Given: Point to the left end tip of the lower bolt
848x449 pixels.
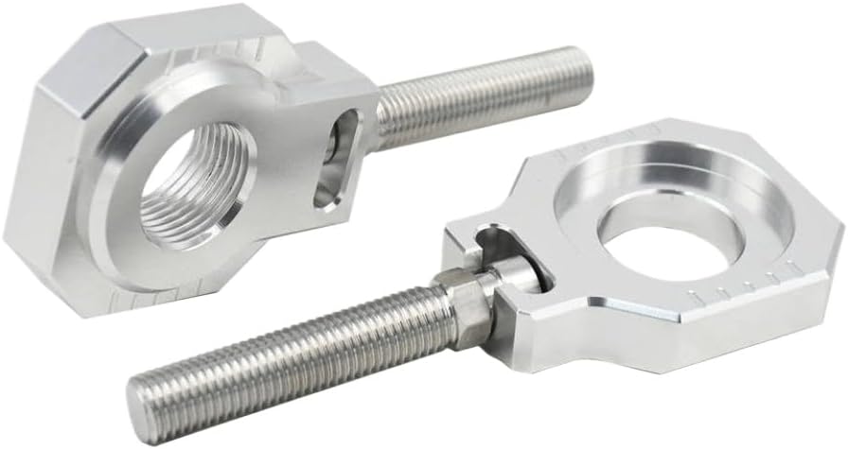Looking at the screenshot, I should coord(142,397).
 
